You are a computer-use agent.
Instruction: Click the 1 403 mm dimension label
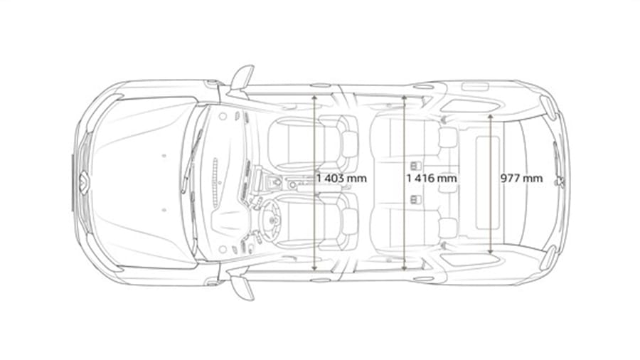click(x=341, y=179)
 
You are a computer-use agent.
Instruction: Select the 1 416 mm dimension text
click(x=432, y=179)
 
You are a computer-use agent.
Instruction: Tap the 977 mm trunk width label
click(x=522, y=179)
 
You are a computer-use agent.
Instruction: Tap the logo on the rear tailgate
click(x=560, y=181)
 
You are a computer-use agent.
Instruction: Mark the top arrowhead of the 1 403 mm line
click(x=314, y=97)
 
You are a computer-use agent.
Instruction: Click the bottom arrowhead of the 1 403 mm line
click(x=314, y=268)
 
